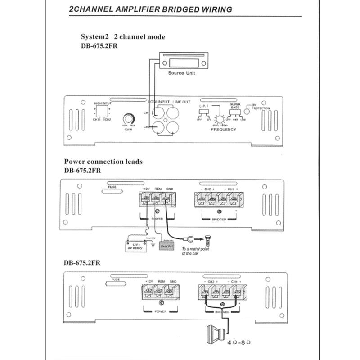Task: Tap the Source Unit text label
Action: point(182,73)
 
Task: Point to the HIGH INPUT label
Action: point(103,103)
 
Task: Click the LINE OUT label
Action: point(181,102)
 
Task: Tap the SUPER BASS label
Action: point(235,105)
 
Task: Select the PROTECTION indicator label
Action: point(261,108)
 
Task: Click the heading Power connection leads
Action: point(103,162)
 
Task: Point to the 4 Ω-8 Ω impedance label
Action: point(239,342)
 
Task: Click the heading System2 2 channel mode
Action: point(122,37)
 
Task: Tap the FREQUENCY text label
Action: point(224,130)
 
